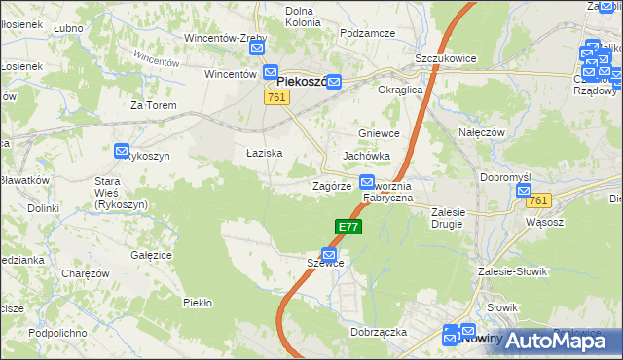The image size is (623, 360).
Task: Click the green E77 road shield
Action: point(349,227)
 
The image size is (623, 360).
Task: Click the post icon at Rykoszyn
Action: point(122,151)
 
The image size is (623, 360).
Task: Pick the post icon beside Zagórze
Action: point(367,181)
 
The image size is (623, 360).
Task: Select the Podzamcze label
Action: point(366,33)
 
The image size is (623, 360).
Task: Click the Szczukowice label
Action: point(445,58)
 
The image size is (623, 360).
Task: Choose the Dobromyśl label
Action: point(504,177)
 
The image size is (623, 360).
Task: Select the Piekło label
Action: point(198,303)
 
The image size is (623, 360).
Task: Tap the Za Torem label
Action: point(150,105)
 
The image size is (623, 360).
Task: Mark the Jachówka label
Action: point(366,156)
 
